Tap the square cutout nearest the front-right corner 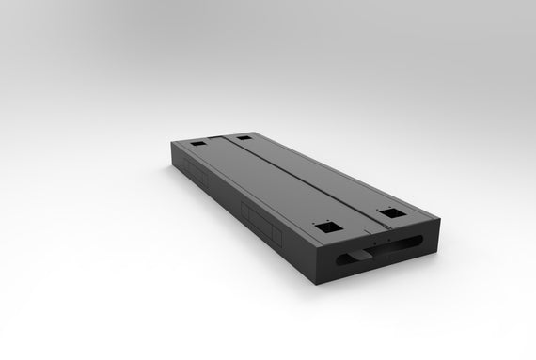[x=386, y=213]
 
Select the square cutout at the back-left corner [x=198, y=145]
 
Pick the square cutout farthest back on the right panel [x=244, y=138]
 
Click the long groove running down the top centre [x=282, y=179]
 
